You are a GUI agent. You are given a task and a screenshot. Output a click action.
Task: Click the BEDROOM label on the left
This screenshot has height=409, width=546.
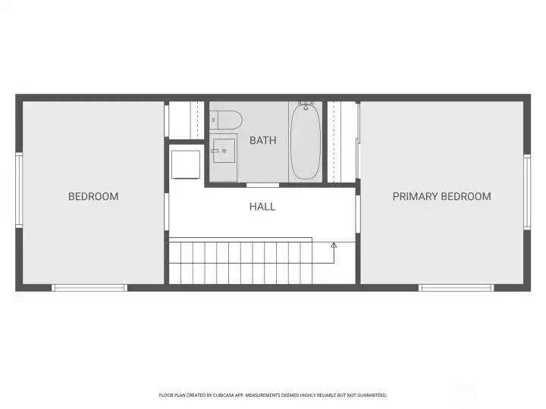click(93, 196)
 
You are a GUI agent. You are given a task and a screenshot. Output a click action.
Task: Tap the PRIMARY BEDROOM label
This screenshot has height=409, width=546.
click(441, 196)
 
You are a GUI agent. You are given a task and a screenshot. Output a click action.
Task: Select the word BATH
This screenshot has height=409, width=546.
click(262, 140)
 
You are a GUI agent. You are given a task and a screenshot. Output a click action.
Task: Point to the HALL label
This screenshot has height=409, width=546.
click(262, 206)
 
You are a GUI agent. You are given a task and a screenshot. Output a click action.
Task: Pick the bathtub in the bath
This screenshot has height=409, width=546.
click(306, 142)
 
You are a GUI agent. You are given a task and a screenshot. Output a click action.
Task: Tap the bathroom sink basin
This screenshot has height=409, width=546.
click(223, 151)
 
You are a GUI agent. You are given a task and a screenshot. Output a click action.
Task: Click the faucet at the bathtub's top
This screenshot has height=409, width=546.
click(306, 104)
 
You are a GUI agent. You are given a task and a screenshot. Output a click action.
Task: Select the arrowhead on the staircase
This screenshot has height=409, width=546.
click(334, 245)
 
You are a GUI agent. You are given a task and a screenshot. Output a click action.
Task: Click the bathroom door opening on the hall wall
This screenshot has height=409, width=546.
click(262, 184)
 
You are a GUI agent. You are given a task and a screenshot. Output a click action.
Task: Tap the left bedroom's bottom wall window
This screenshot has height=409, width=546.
click(89, 288)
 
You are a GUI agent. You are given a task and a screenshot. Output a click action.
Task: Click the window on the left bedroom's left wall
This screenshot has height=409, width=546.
click(19, 189)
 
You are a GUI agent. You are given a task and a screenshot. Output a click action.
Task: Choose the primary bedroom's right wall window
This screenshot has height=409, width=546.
click(526, 192)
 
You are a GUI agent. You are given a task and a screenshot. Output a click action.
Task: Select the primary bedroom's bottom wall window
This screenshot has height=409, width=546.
click(457, 288)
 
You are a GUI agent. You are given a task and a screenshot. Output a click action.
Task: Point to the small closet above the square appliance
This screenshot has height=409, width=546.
click(184, 120)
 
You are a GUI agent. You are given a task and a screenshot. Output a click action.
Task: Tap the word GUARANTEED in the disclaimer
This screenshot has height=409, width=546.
click(371, 395)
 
